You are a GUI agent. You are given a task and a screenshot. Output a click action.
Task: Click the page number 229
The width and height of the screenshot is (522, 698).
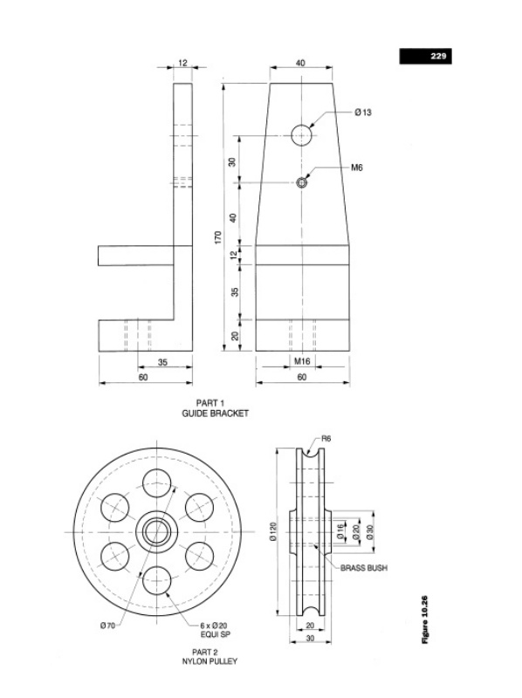coord(438,56)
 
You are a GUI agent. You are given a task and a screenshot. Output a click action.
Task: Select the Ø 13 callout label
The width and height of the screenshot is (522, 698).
coord(363,113)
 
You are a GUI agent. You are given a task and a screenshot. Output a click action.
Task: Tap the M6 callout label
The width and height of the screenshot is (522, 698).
coord(357,168)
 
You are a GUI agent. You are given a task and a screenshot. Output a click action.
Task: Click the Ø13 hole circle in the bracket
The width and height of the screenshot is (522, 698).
coord(302,135)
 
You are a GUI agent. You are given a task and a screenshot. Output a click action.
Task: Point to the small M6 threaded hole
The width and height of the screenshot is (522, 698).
coord(302,182)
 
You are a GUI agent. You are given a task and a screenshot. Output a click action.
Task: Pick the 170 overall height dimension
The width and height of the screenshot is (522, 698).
coord(218,237)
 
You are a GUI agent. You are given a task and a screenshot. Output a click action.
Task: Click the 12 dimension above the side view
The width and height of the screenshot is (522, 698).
coord(183,63)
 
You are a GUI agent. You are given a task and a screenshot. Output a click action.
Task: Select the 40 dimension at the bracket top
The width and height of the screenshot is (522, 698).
coord(300,63)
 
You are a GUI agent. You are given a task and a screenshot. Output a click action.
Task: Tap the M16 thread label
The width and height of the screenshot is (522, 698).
coord(302,361)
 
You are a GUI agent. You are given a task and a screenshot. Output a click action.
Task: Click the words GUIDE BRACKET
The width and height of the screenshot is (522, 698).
coord(215,414)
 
